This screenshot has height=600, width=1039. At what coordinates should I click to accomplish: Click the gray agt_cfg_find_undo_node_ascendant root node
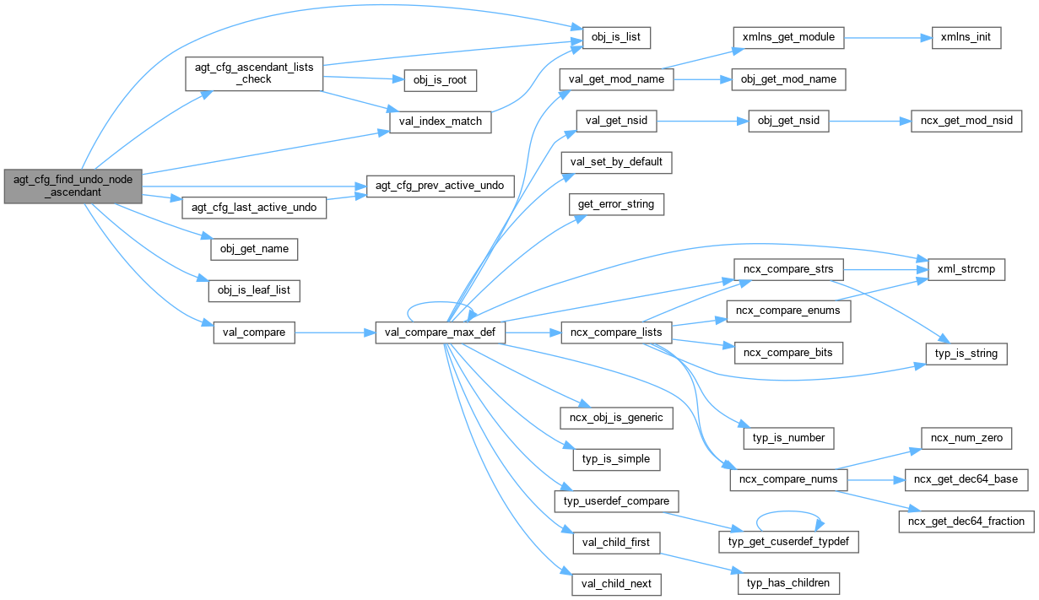[73, 186]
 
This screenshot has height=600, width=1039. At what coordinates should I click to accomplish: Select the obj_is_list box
[616, 38]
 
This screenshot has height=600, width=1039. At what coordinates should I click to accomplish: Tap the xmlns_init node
[966, 38]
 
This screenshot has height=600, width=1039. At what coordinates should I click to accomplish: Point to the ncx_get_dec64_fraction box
[966, 521]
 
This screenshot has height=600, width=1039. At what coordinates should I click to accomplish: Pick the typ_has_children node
[788, 583]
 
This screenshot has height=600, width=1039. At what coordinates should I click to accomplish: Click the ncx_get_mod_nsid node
[966, 122]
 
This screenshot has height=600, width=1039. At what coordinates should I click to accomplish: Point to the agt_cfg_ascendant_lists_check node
[253, 73]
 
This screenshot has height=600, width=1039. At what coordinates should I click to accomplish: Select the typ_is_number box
[788, 438]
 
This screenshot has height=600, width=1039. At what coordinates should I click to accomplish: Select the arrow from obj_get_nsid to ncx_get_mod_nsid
[869, 122]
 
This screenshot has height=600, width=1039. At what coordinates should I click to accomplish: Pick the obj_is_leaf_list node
[254, 290]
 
